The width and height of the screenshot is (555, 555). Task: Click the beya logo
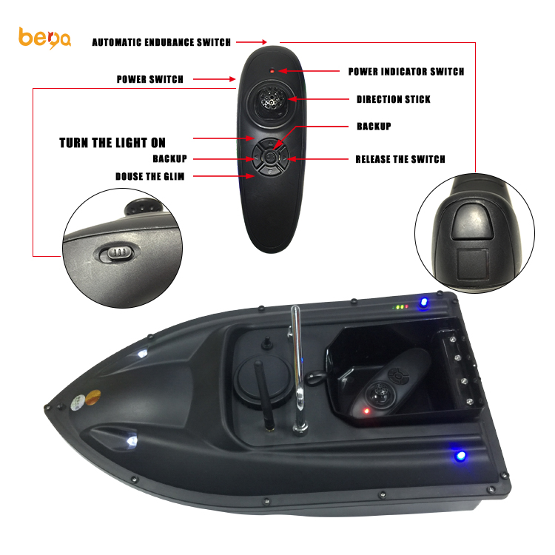coord(44,37)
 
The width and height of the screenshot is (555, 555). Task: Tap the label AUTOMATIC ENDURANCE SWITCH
coord(161,42)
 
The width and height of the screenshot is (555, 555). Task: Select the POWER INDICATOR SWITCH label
coord(406,72)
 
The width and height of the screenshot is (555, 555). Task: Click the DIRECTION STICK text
coord(393,99)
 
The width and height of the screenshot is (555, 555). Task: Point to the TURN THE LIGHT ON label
coord(112,143)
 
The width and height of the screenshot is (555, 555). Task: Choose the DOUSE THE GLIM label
coord(149,176)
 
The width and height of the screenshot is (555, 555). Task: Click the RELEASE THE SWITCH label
coord(400,159)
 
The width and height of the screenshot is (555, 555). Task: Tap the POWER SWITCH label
coord(149,79)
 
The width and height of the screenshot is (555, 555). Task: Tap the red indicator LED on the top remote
coord(272,71)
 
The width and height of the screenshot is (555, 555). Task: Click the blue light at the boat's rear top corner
coord(424,303)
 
